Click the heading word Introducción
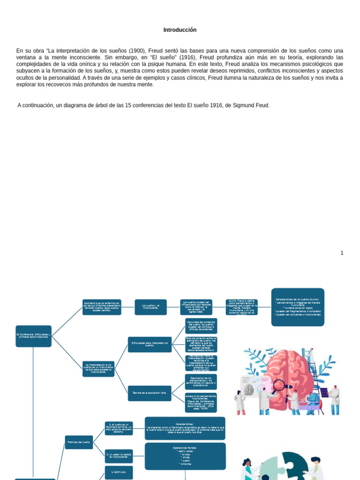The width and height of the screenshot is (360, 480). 180,30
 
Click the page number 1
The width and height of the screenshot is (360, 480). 342,253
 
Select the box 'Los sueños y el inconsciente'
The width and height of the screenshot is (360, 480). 150,307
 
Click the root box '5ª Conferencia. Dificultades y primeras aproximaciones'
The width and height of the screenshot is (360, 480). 33,336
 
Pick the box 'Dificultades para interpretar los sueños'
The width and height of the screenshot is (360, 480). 150,344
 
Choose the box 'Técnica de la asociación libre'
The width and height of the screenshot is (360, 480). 150,393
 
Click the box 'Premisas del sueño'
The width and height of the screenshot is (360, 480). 79,442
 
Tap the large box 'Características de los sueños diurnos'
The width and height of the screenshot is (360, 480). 298,307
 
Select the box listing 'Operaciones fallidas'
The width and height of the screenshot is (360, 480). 185,456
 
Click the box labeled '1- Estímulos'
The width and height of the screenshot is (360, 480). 119,472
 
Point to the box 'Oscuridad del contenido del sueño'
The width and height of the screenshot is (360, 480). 201,326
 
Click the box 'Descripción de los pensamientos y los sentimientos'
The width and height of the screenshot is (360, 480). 201,382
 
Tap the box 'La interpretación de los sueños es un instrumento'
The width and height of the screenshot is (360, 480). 98,369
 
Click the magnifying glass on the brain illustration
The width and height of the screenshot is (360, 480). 280,385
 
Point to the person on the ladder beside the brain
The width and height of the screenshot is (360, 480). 310,359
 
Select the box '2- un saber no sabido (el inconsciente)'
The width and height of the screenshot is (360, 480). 119,456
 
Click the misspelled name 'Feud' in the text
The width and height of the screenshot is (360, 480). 262,105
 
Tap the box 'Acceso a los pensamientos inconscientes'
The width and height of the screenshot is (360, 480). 201,402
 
